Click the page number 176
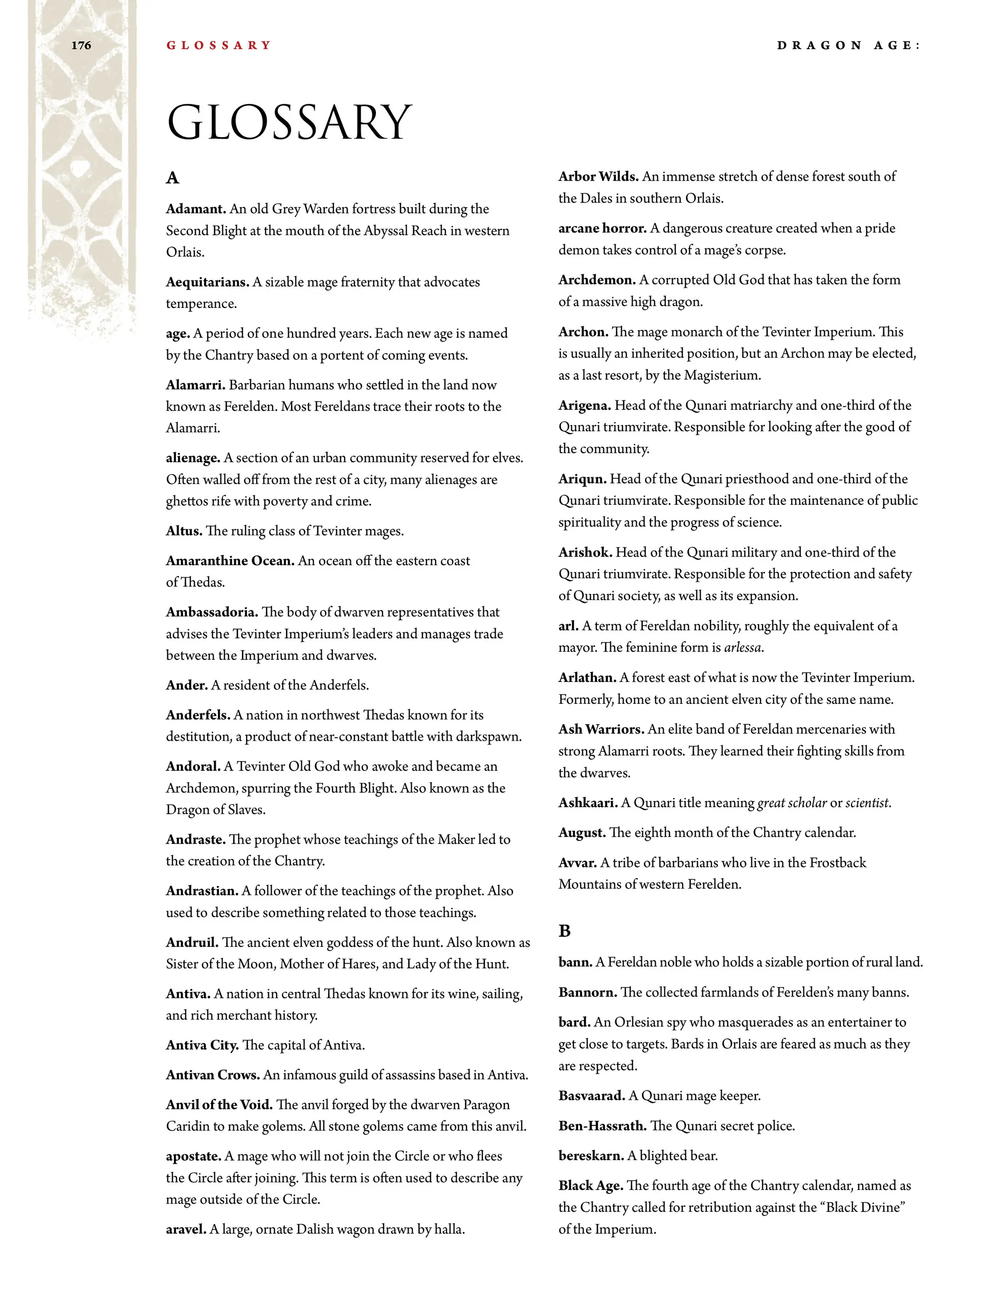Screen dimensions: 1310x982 81,46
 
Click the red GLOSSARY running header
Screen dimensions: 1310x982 218,46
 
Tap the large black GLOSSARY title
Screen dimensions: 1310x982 289,123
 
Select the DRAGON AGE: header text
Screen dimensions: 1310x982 849,46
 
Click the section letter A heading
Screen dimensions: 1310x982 172,178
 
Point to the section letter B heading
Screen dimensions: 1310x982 565,931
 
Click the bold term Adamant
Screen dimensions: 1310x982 196,209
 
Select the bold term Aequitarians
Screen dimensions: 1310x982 207,282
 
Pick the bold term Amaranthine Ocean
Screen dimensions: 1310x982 230,561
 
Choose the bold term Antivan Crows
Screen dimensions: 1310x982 213,1075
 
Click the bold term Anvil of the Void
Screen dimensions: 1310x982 219,1104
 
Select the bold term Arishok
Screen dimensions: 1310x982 585,552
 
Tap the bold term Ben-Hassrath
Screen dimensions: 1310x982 602,1126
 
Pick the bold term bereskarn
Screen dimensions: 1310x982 591,1156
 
